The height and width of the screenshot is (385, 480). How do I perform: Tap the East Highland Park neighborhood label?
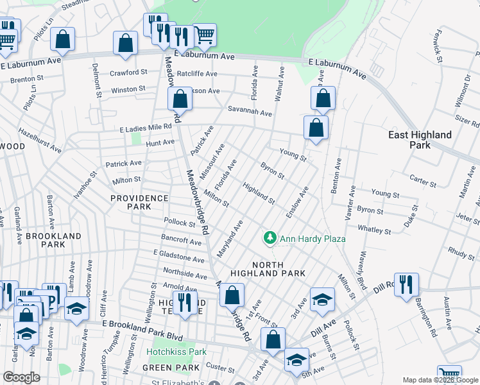(x=420, y=140)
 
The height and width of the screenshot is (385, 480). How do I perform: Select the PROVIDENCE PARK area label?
(x=139, y=202)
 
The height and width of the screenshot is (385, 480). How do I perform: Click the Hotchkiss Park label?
(x=176, y=352)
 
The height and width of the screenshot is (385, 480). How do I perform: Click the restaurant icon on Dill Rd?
(x=406, y=284)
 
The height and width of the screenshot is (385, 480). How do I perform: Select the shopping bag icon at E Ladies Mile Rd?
(x=316, y=127)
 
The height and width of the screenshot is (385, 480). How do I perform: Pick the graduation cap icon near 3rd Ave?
(x=322, y=299)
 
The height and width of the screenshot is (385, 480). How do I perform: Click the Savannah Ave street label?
(x=250, y=112)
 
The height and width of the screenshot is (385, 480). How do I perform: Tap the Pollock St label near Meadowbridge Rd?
(x=179, y=223)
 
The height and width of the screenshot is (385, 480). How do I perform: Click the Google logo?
(x=21, y=377)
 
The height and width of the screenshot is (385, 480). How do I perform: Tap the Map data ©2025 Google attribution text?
(x=440, y=381)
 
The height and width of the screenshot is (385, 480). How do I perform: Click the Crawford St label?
(x=128, y=73)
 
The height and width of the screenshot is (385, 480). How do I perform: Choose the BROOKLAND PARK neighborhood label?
(x=55, y=240)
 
